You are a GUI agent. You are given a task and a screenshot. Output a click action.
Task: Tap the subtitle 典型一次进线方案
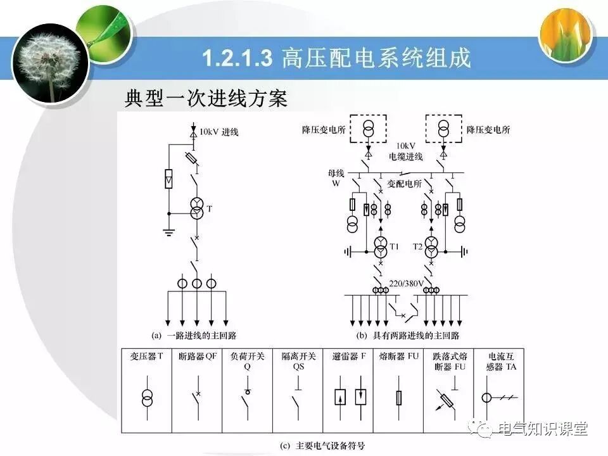point(206,99)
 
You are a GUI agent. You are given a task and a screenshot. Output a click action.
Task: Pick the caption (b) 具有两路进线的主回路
point(408,335)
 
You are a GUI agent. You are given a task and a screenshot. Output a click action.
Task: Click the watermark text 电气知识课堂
point(543,429)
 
